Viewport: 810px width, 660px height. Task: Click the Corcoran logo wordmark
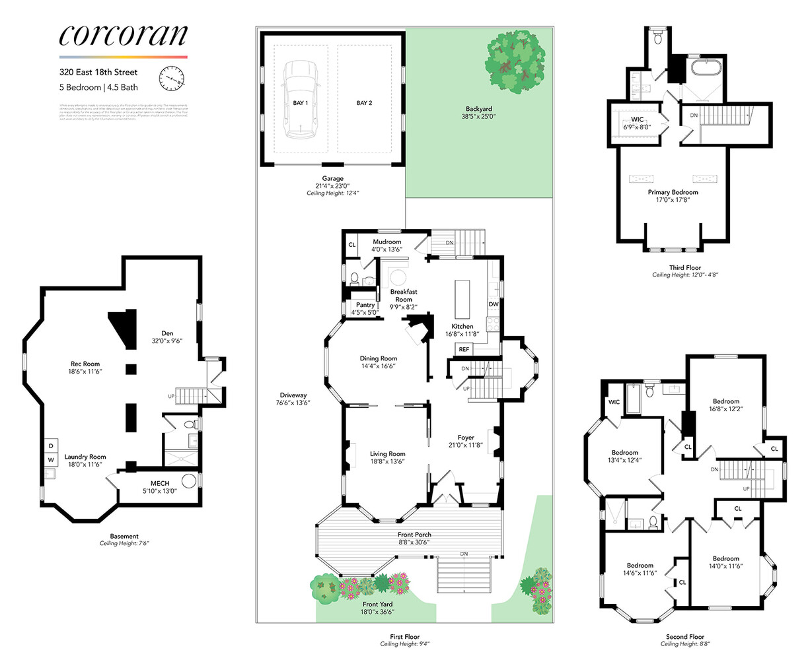(123, 36)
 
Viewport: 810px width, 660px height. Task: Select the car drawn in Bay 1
(300, 100)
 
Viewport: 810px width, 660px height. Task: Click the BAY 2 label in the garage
(364, 103)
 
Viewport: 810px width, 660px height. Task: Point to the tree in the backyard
(516, 61)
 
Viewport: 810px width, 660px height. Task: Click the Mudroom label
(387, 242)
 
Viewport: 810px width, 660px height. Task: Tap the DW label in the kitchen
(493, 304)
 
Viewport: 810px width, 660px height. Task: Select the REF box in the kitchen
(464, 349)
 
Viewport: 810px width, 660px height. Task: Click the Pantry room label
(363, 305)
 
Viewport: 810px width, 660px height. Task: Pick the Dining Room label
(379, 359)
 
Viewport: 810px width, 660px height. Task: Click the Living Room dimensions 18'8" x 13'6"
(387, 462)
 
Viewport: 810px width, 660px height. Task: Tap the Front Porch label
(414, 535)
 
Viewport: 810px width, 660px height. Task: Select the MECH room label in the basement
(160, 484)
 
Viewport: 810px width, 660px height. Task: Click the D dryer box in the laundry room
(50, 445)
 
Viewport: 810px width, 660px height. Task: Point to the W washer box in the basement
(50, 460)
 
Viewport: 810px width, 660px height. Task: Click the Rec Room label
(85, 364)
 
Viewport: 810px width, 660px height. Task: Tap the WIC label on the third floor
(637, 119)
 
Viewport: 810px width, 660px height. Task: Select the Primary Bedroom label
(673, 192)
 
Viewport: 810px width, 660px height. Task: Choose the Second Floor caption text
(685, 637)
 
